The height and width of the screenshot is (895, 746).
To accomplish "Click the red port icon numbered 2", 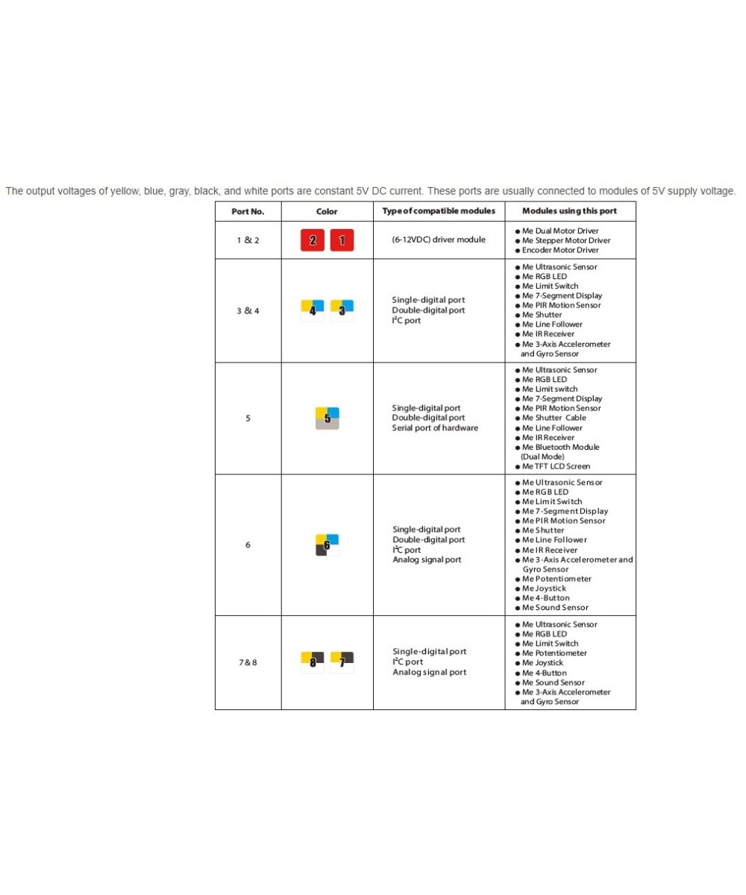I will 313,241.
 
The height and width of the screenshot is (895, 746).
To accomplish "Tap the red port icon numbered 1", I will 342,241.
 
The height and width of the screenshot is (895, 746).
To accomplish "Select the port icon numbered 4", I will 313,310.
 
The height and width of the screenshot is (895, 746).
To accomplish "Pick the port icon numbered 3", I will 342,310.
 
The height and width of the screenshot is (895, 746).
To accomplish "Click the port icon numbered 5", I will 327,418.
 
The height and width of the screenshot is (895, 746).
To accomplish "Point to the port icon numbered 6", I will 327,545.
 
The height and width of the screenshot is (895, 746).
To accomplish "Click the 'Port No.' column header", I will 248,211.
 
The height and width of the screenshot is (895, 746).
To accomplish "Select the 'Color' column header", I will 327,211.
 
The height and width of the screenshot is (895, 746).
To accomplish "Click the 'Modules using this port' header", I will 569,211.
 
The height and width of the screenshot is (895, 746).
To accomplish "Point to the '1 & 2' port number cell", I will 248,240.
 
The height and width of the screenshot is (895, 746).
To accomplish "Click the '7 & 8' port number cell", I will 248,662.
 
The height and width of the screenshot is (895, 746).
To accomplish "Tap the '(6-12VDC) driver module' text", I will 439,240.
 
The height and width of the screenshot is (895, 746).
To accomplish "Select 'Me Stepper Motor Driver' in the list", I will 565,241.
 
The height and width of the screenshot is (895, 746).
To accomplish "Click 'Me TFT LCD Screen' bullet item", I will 556,467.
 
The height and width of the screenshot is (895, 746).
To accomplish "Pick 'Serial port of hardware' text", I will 435,428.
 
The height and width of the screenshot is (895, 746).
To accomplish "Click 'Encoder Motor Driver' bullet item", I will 560,251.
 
